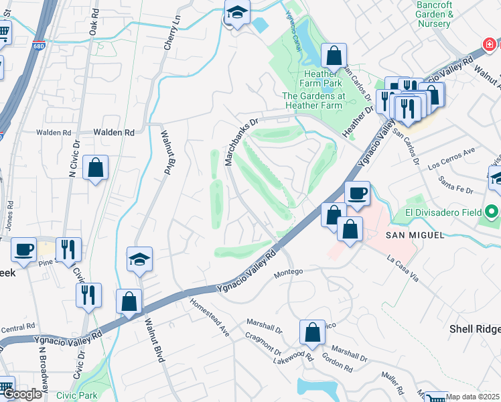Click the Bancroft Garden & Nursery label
click(x=435, y=14)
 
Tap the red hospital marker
click(x=490, y=44)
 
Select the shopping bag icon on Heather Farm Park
click(x=333, y=56)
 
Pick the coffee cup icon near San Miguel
click(x=357, y=194)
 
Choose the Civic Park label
click(x=77, y=395)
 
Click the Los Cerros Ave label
click(x=451, y=157)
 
